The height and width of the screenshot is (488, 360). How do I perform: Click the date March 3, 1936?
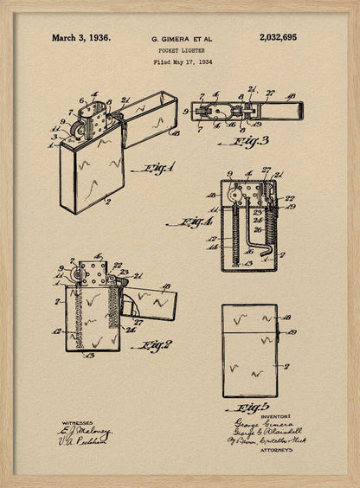point(80,38)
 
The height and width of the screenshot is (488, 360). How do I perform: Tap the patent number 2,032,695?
point(277,38)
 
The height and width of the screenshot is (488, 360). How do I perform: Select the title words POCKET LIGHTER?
point(182,51)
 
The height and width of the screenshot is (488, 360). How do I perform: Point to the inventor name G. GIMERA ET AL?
point(182,40)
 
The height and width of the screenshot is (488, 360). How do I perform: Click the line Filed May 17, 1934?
point(182,62)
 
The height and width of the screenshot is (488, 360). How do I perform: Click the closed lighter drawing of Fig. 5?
point(249,350)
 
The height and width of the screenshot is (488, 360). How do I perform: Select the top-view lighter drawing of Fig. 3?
point(247,111)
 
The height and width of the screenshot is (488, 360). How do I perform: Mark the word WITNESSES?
point(77,423)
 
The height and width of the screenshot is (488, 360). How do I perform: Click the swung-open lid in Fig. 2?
point(152,304)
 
